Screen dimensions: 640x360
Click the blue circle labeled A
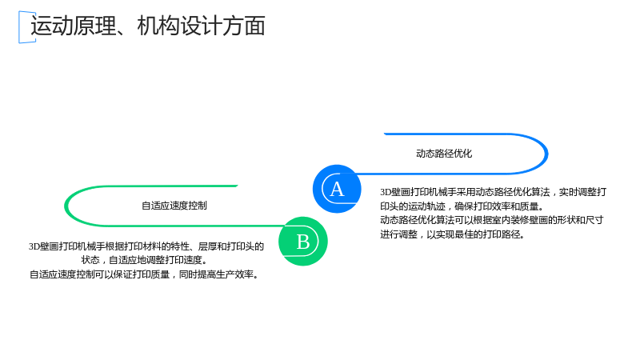[337, 189]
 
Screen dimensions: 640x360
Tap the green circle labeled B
[303, 242]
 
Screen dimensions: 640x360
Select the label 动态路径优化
[444, 154]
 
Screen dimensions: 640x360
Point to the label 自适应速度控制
[174, 206]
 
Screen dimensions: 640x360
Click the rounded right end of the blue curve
[546, 154]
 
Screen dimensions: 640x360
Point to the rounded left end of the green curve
[66, 206]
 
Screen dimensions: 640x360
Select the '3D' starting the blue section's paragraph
[386, 192]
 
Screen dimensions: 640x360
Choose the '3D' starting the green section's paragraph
[34, 246]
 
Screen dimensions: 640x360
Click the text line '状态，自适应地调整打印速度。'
[144, 260]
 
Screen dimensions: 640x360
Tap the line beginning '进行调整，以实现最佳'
[453, 234]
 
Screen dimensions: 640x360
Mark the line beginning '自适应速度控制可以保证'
[145, 274]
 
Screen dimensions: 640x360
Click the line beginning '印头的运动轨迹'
[462, 206]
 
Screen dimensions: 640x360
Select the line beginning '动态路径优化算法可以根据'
[492, 220]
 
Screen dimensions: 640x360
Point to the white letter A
[337, 189]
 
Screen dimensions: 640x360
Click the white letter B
[303, 242]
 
